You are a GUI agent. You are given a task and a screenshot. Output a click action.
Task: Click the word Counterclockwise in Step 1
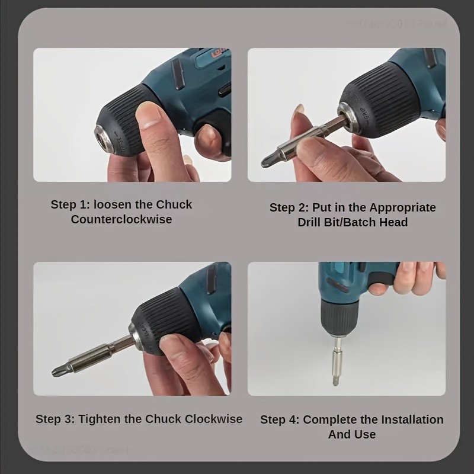click(x=121, y=219)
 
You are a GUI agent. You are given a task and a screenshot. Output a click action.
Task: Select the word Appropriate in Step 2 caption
click(x=402, y=207)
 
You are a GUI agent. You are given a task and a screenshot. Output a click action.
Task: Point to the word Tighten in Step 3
click(x=101, y=419)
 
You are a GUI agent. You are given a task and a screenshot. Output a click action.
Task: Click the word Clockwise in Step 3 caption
click(x=214, y=419)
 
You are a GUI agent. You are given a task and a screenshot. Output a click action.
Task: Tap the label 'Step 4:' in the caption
click(x=280, y=419)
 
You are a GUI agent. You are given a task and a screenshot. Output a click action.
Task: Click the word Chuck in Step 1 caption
click(x=174, y=204)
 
